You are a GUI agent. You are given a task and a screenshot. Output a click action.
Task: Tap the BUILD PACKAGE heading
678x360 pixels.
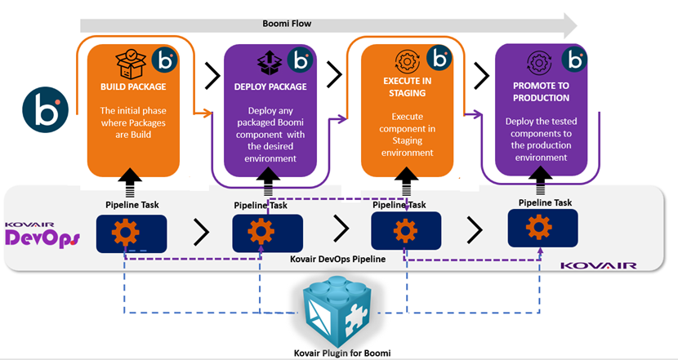tap(133, 86)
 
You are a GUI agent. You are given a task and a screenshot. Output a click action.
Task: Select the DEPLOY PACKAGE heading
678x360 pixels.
tap(269, 86)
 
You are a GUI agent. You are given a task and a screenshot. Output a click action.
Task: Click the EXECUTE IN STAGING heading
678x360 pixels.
tap(407, 87)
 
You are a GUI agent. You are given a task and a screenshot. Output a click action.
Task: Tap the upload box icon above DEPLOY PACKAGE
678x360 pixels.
tap(269, 61)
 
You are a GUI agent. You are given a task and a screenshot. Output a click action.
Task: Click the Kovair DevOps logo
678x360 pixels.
tap(42, 234)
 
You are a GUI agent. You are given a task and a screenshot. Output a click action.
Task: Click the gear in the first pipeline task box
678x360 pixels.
tap(125, 232)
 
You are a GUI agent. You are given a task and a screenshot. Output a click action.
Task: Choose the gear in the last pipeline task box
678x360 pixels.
tap(537, 227)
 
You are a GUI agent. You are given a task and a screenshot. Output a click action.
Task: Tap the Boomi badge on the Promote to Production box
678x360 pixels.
tap(578, 60)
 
